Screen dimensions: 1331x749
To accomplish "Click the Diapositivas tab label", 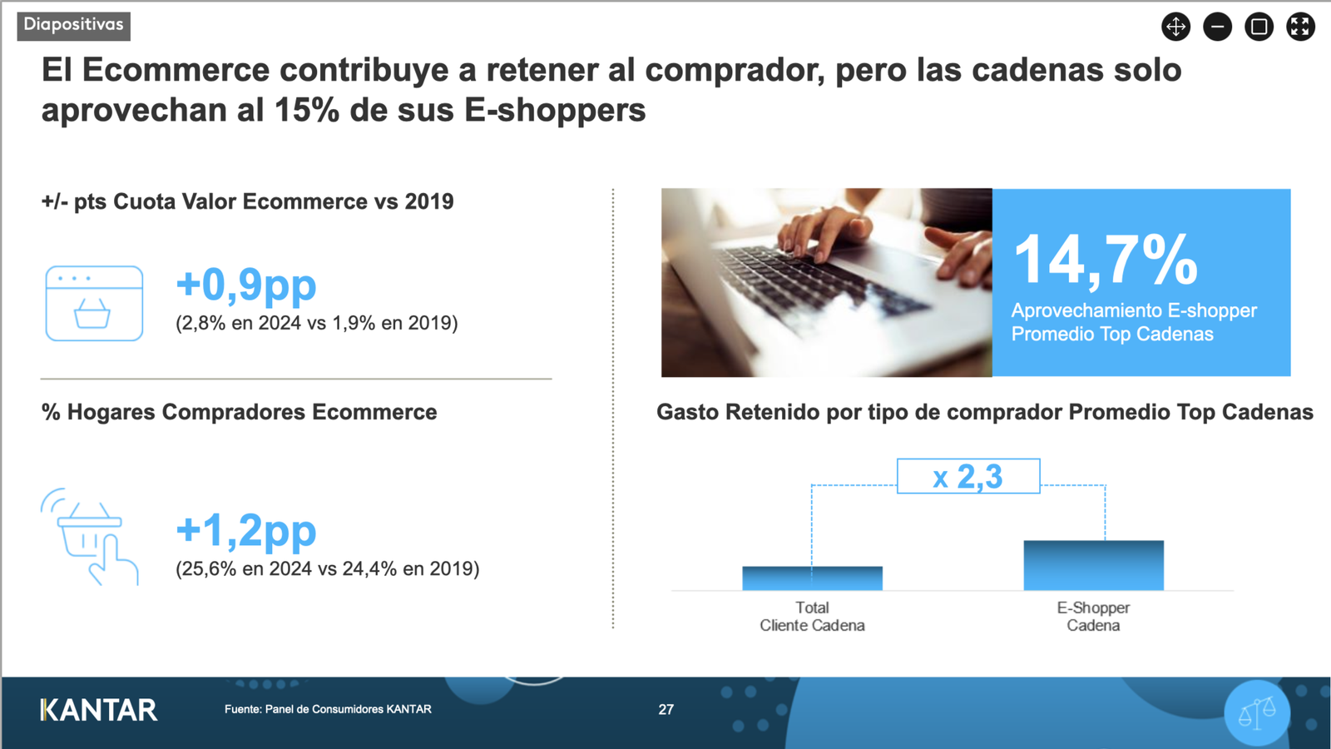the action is [74, 26].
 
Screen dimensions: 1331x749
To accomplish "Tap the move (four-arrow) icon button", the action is [1176, 27].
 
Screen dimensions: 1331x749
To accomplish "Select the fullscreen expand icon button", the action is [1300, 27].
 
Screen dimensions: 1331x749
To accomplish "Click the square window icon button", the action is [1259, 27].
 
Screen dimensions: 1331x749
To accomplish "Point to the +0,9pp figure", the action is [246, 285].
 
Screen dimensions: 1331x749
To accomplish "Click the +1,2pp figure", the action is [246, 530].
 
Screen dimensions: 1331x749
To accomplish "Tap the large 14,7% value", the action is [1106, 260].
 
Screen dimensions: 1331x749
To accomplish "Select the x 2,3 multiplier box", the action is [968, 476].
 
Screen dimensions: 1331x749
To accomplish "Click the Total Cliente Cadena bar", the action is [812, 578].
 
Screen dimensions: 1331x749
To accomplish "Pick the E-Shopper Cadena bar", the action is [1093, 565].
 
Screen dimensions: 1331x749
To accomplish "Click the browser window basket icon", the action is [94, 303].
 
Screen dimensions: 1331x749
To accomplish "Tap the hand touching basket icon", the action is [90, 537].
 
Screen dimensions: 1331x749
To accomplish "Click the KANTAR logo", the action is [99, 710].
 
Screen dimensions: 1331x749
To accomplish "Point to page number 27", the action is [666, 709].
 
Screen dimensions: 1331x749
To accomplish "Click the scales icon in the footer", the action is [1257, 712].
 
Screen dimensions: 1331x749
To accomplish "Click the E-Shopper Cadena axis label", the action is [1093, 617].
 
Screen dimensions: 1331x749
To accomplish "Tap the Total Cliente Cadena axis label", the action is [812, 617].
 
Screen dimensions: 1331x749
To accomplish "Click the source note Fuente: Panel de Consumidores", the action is [328, 709].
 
